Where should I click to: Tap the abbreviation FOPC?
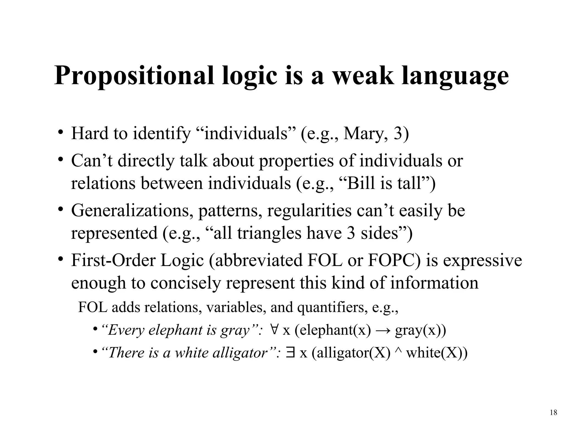391,260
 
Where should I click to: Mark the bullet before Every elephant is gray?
95,329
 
